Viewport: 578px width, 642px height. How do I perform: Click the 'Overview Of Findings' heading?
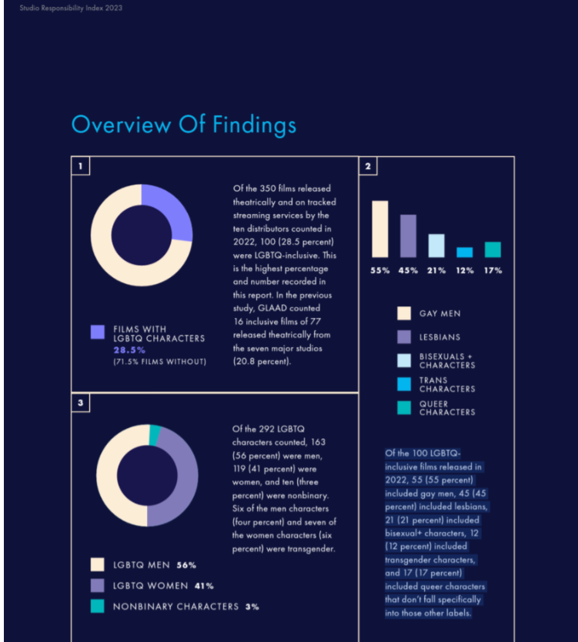click(x=184, y=125)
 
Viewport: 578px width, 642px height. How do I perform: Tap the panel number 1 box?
click(x=81, y=166)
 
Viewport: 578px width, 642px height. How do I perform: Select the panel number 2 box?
click(x=368, y=166)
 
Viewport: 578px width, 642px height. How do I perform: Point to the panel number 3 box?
click(x=81, y=403)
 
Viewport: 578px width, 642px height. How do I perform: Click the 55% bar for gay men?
click(x=380, y=229)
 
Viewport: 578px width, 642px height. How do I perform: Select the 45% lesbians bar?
click(x=408, y=236)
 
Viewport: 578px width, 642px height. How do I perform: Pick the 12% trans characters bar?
click(x=465, y=252)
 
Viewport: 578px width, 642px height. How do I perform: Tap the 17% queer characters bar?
click(x=493, y=249)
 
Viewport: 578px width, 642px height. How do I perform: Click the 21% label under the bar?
click(x=436, y=271)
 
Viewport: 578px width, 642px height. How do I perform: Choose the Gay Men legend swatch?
click(x=404, y=313)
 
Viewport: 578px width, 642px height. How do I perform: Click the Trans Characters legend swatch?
click(x=404, y=384)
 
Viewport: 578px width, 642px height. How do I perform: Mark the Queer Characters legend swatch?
click(x=404, y=408)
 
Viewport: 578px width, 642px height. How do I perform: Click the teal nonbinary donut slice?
click(x=155, y=435)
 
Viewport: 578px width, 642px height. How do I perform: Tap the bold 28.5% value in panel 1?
click(x=129, y=350)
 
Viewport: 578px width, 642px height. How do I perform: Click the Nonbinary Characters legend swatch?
click(x=98, y=606)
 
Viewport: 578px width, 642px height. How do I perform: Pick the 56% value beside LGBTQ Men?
click(x=186, y=566)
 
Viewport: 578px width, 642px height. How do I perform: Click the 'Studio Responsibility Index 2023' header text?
click(x=71, y=8)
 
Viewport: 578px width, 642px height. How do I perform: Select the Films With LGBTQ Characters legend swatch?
click(x=98, y=332)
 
